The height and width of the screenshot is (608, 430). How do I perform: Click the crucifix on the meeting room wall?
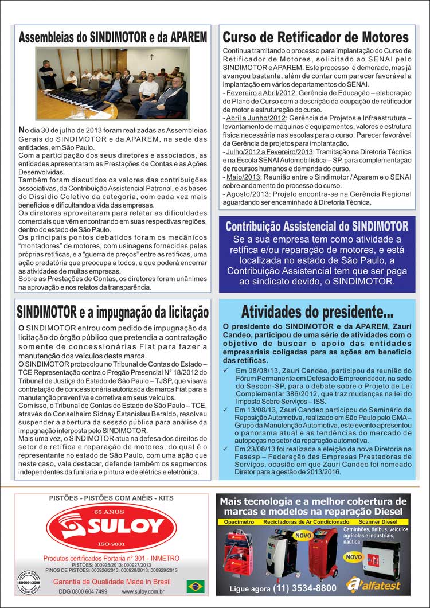[x=151, y=57]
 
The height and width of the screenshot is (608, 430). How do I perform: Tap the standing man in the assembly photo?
[x=47, y=74]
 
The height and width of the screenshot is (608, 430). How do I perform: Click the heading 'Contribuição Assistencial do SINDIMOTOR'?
[x=316, y=226]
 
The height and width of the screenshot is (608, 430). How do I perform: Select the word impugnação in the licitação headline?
[x=128, y=312]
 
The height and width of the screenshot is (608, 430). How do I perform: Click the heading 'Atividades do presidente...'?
[x=317, y=311]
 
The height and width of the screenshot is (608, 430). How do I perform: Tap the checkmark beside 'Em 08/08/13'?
[x=227, y=371]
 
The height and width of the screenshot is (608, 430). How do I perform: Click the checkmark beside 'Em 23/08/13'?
[x=227, y=448]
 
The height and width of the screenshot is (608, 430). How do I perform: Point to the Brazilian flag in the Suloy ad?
[x=196, y=587]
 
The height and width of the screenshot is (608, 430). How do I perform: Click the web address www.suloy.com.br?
[x=143, y=591]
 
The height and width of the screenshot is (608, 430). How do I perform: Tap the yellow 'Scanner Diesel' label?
[x=384, y=522]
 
